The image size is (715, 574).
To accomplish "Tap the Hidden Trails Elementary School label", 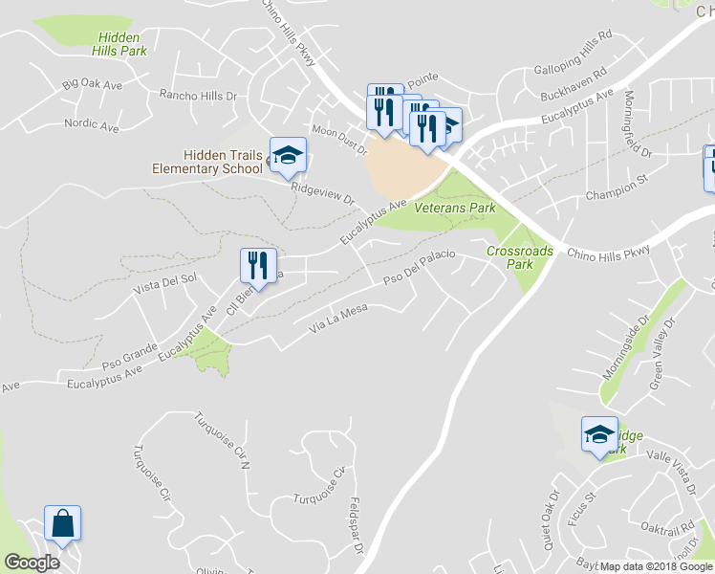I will [207, 162].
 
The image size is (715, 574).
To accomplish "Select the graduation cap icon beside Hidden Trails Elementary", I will [287, 154].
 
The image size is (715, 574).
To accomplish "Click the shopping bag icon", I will [62, 524].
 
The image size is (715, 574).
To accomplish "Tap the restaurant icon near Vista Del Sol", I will [257, 265].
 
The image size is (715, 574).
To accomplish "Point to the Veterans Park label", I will [463, 208].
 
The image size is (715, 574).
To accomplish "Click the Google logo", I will [32, 563].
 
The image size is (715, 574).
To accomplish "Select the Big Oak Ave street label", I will [93, 84].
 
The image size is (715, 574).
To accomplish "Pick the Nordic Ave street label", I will [92, 124].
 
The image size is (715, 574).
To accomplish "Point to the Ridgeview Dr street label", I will [323, 191].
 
